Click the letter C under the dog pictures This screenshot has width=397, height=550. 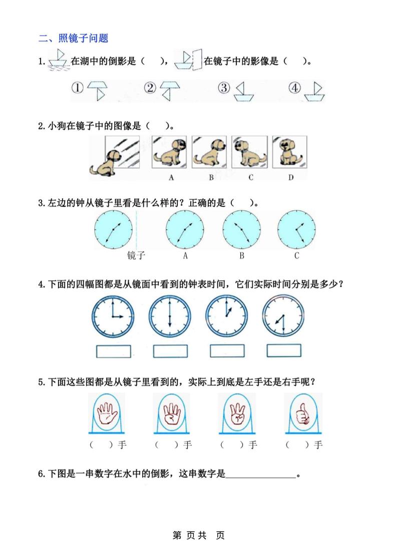coord(250,177)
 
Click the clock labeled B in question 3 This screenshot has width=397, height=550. coord(241,229)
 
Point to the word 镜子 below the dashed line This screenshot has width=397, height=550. coord(136,256)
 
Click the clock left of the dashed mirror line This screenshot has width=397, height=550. coord(113,229)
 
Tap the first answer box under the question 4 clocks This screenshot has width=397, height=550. coord(113,351)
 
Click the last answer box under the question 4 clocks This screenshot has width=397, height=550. coord(284,351)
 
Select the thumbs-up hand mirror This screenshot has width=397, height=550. coord(302,413)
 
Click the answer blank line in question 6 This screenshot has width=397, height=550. coord(260,476)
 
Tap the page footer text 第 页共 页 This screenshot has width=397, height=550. coord(198,535)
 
